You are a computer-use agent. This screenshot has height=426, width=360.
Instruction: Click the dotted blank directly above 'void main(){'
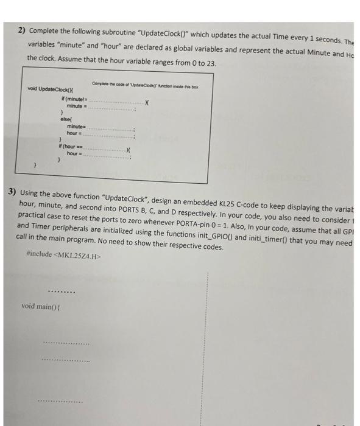click(63, 291)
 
